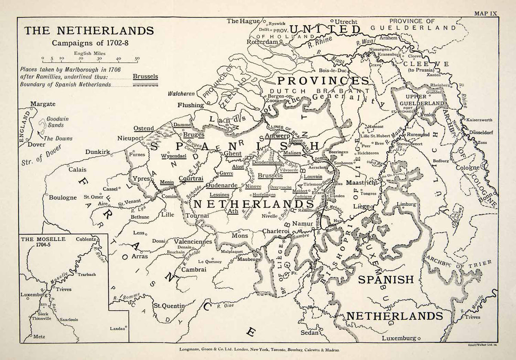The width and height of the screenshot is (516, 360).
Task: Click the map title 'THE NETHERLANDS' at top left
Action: coord(89,31)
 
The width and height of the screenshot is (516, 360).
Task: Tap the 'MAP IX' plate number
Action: coord(485,13)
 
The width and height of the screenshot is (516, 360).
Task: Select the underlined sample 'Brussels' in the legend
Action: coord(145,76)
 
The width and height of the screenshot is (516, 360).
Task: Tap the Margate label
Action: coord(43,104)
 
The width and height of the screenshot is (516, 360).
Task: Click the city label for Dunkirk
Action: coord(98,152)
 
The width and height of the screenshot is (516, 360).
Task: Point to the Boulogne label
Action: coord(62,198)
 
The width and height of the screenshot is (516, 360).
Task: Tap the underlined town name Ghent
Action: coord(233,153)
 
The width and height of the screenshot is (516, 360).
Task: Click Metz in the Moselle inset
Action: coord(39,337)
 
